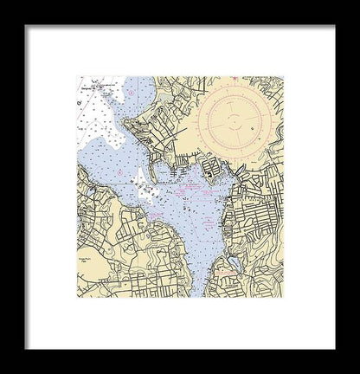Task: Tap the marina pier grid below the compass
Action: (x=209, y=169)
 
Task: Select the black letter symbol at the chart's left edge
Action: (x=79, y=101)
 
